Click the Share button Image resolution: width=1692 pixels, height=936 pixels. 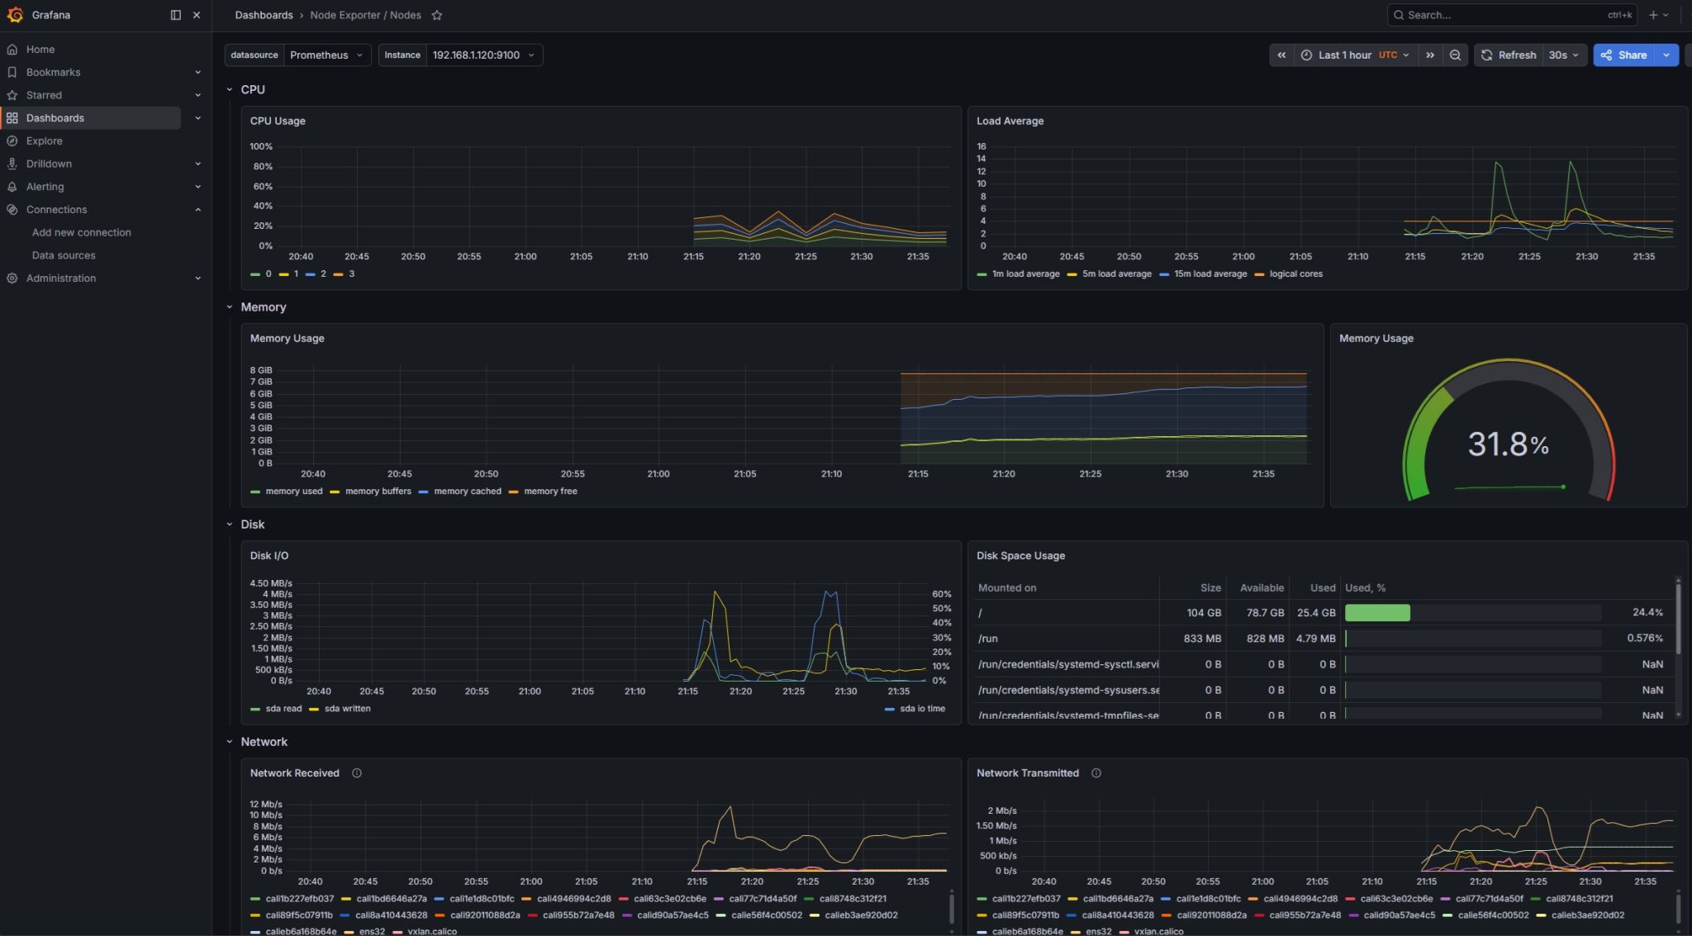click(1624, 55)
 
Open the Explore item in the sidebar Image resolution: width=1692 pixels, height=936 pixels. click(44, 141)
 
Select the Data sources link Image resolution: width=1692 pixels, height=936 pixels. click(64, 255)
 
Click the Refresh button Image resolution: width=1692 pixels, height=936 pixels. click(1509, 55)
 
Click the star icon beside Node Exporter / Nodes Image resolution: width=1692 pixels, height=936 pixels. click(437, 16)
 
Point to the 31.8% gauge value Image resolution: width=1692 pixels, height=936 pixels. click(1508, 444)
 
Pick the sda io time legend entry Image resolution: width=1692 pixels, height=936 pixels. click(916, 709)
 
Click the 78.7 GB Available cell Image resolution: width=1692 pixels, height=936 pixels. click(1265, 613)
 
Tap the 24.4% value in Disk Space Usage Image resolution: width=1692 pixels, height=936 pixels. click(1647, 613)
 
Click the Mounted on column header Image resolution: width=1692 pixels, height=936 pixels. click(1007, 588)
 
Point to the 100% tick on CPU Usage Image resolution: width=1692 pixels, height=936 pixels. click(261, 147)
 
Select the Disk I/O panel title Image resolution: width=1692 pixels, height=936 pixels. click(269, 556)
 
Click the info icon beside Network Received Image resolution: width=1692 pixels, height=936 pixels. click(357, 773)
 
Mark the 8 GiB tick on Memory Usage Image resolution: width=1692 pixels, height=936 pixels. click(261, 371)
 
